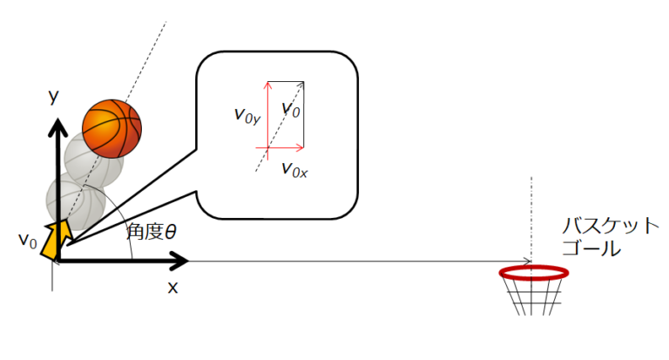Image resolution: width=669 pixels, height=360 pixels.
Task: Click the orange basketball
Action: [111, 128]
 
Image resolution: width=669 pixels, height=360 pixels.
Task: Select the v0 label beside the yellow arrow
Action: [27, 240]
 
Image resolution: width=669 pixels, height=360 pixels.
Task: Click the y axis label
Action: [54, 97]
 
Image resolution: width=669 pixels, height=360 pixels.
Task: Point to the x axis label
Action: [172, 287]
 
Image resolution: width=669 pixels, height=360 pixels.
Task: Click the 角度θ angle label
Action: [152, 232]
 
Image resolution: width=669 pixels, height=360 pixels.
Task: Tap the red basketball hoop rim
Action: [534, 272]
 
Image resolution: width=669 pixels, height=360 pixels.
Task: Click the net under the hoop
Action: [532, 296]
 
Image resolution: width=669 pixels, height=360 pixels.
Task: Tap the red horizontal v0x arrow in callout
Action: [286, 148]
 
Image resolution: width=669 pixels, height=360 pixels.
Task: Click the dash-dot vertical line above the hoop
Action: [532, 218]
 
